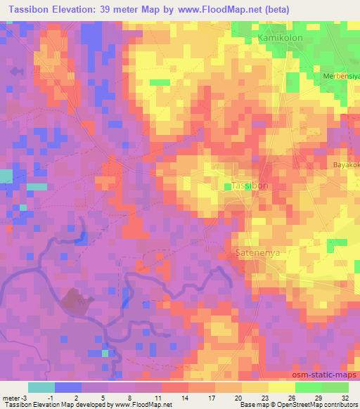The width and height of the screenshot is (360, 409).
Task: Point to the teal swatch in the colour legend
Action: (41, 387)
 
